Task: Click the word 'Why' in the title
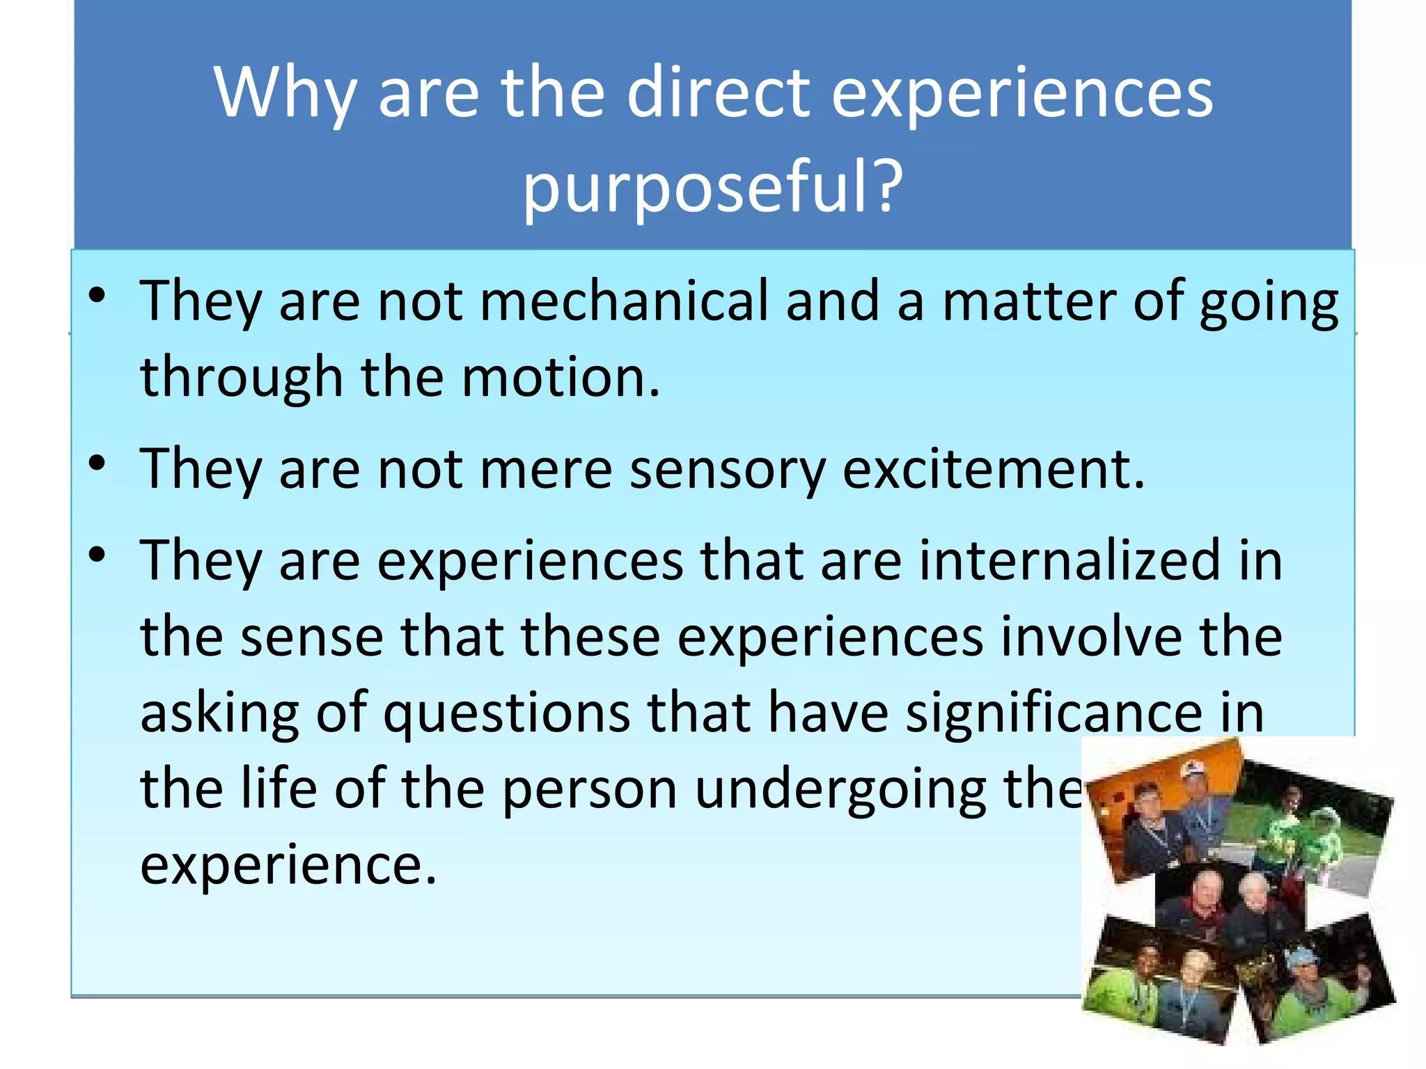285,94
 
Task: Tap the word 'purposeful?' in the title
712,187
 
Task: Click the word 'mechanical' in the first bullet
624,301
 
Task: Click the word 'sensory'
727,469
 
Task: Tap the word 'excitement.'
994,469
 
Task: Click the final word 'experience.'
288,865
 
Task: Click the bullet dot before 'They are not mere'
97,463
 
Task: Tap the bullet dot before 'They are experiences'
97,555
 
